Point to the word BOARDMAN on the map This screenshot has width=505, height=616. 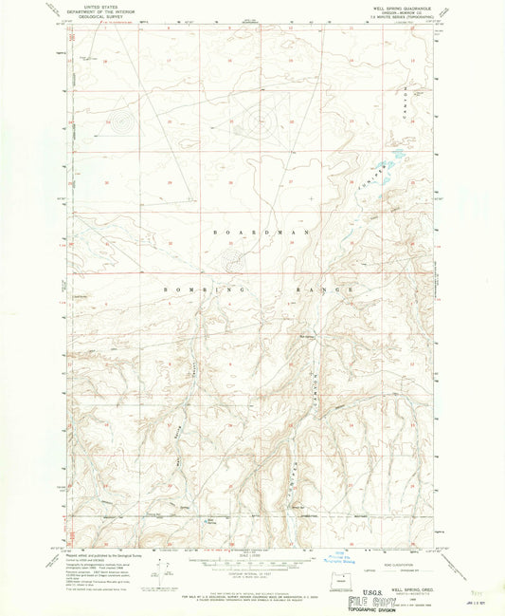[x=247, y=232]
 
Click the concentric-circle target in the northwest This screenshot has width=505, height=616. [x=119, y=121]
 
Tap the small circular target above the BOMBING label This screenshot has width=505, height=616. [x=232, y=256]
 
